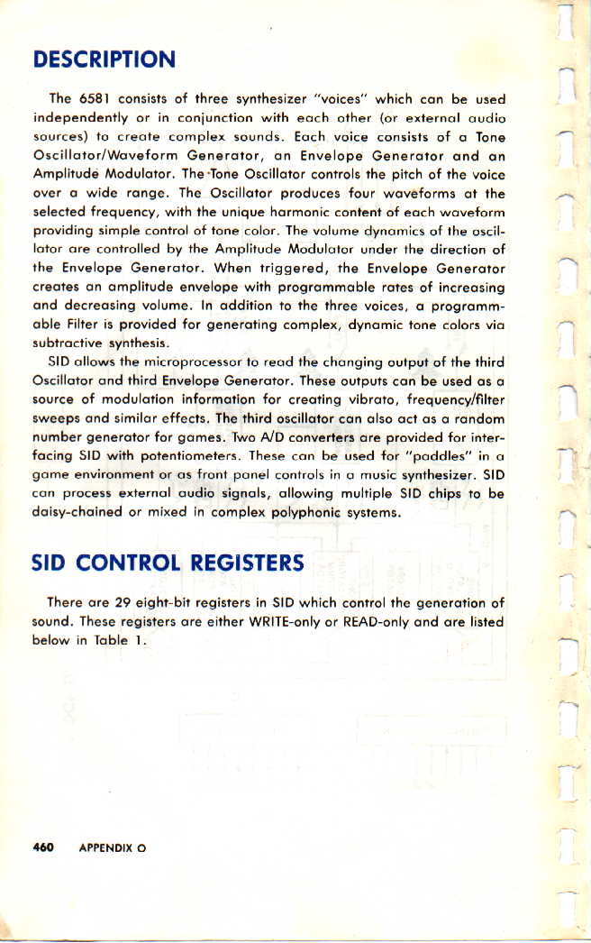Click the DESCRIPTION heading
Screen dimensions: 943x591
coord(103,60)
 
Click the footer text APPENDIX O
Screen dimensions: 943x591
coord(112,848)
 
